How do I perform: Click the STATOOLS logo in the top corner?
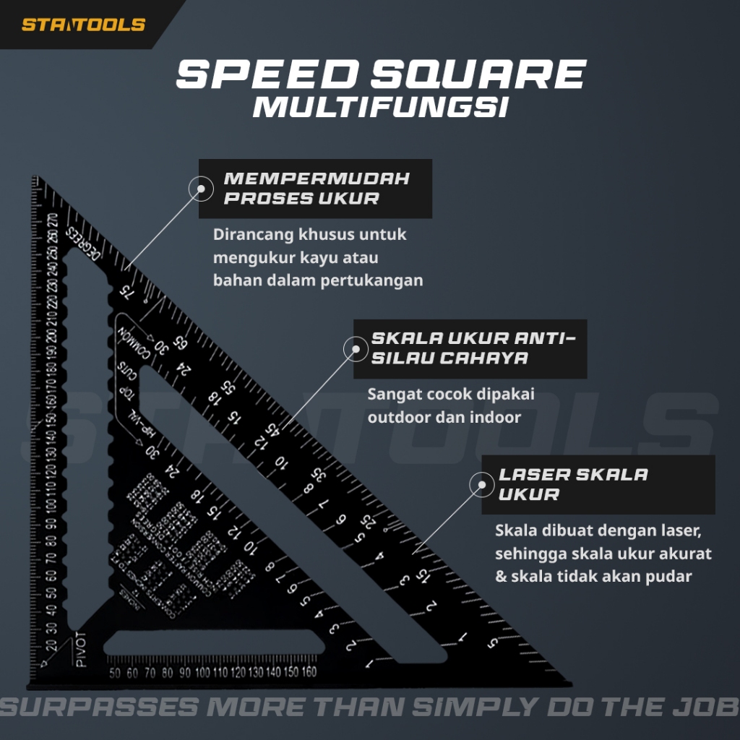pos(83,25)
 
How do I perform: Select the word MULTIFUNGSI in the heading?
pos(380,107)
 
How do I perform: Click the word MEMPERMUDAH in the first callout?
pos(317,178)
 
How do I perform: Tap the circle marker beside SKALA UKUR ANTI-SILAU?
pos(356,350)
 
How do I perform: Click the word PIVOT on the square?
pos(80,649)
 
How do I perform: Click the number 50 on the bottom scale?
pos(114,673)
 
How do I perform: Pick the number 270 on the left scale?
pos(53,221)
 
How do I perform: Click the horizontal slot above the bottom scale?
pos(217,642)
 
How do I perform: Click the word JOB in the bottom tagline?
pos(710,705)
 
